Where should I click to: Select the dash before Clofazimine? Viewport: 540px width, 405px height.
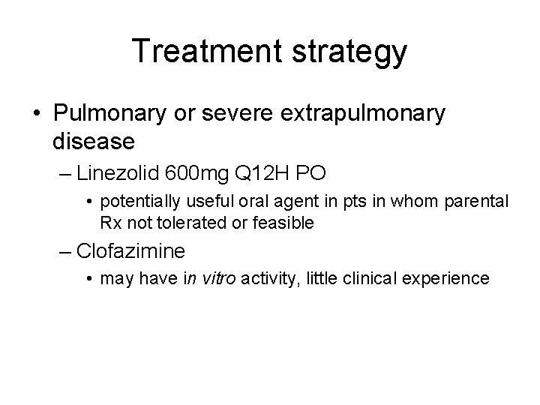click(66, 250)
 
